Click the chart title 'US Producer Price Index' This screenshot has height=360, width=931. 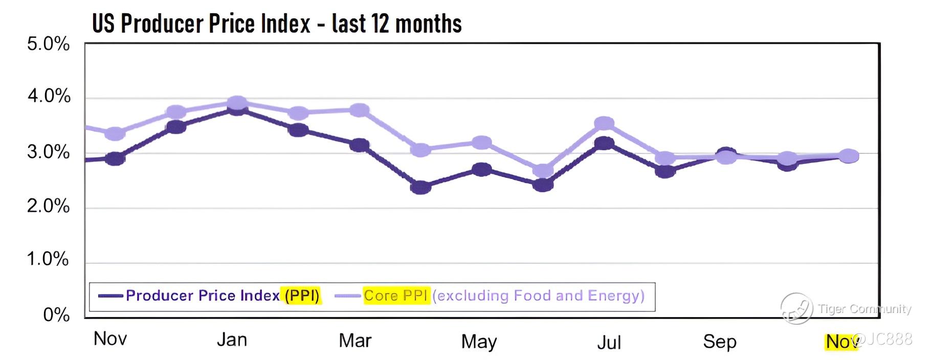pyautogui.click(x=276, y=24)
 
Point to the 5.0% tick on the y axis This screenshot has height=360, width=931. pyautogui.click(x=48, y=44)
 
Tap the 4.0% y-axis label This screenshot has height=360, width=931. pyautogui.click(x=49, y=96)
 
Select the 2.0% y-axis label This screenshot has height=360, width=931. pyautogui.click(x=48, y=206)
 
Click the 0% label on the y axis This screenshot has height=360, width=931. pyautogui.click(x=56, y=314)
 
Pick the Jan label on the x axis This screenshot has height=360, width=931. pyautogui.click(x=232, y=340)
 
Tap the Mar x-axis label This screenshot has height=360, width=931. pyautogui.click(x=355, y=341)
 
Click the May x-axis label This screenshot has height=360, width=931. pyautogui.click(x=479, y=342)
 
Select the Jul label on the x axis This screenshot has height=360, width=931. pyautogui.click(x=609, y=342)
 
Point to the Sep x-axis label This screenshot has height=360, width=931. pyautogui.click(x=719, y=342)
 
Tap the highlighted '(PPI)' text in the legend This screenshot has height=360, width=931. pyautogui.click(x=302, y=296)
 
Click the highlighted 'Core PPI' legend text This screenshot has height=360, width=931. pyautogui.click(x=395, y=296)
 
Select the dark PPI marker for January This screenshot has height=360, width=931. pyautogui.click(x=236, y=109)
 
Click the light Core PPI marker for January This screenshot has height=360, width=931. pyautogui.click(x=236, y=102)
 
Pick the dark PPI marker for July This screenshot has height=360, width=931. pyautogui.click(x=604, y=143)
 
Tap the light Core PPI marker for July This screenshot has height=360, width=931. pyautogui.click(x=604, y=123)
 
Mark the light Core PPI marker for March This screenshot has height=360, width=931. pyautogui.click(x=359, y=110)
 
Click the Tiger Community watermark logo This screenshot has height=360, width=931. pyautogui.click(x=796, y=308)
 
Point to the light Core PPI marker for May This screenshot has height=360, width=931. pyautogui.click(x=481, y=143)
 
